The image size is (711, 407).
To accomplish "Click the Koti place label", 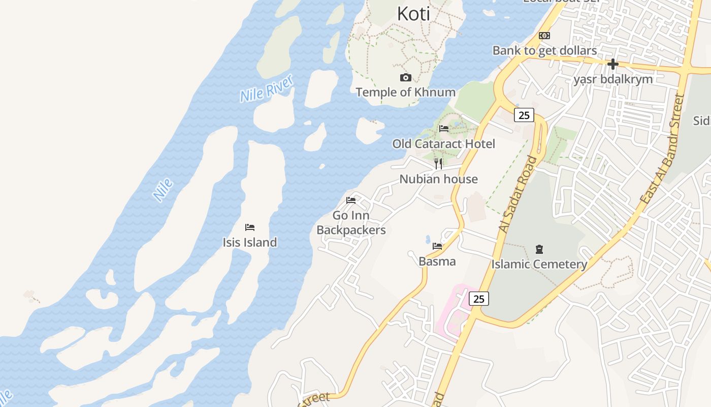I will [x=413, y=14].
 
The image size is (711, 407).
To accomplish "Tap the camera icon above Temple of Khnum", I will [x=405, y=77].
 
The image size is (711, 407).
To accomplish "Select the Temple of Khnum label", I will [x=405, y=92].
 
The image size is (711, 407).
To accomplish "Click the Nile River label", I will [x=267, y=89].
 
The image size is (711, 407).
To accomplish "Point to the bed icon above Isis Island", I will [x=249, y=227].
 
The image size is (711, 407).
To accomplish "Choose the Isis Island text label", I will [x=250, y=242].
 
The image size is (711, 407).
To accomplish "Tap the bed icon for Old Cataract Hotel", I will [x=444, y=129].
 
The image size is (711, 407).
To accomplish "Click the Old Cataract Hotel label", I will [x=443, y=144].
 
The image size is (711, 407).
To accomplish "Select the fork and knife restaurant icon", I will [x=438, y=163].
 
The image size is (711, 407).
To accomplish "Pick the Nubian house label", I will [x=438, y=179].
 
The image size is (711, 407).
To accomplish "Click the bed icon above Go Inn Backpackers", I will [x=351, y=200].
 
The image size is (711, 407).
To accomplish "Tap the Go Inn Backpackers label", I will [x=351, y=223].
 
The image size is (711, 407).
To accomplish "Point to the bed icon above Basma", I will [x=437, y=246].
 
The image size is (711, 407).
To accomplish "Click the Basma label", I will [x=437, y=261].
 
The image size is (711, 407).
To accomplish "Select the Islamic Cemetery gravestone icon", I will [x=539, y=249].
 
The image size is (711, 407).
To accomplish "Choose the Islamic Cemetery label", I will [x=539, y=265].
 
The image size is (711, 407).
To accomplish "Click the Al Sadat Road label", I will [x=518, y=194].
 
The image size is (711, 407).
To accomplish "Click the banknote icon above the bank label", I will [x=544, y=36].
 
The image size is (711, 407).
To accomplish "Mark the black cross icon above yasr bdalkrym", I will [x=613, y=64].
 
